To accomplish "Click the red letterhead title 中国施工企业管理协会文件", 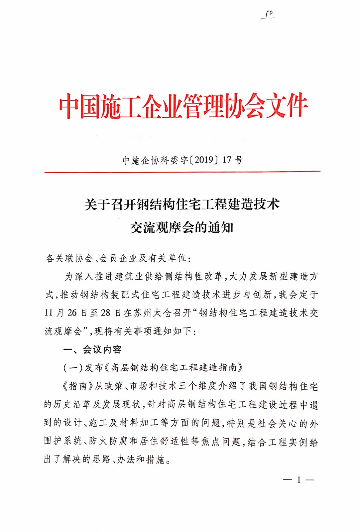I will [183, 106].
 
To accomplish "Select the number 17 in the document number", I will [227, 160].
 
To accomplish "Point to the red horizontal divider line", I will [182, 172].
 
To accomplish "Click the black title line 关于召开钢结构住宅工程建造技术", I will [182, 204].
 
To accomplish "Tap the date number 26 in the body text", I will [72, 313].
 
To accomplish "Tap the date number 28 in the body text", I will [105, 313].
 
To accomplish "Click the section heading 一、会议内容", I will [92, 349].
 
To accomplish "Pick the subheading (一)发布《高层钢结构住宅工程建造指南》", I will [153, 367].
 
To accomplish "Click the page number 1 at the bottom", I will [299, 479].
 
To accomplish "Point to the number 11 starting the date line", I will [49, 313].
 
